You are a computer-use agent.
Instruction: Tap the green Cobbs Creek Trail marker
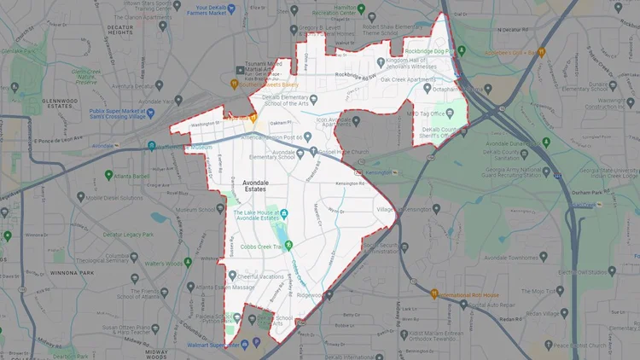click(288, 246)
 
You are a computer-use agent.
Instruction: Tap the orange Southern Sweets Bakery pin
click(234, 84)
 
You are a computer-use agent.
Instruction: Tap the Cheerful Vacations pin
click(232, 275)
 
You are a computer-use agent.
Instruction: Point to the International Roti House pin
click(433, 295)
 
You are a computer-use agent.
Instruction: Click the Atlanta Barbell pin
click(109, 175)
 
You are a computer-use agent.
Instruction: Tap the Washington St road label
click(205, 125)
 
